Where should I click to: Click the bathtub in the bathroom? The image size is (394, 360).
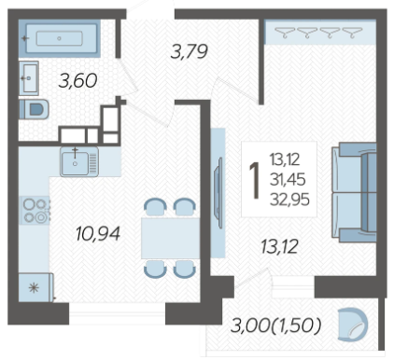click(59, 38)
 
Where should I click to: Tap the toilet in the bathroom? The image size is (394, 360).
click(35, 109)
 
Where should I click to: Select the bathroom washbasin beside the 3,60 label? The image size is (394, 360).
click(29, 78)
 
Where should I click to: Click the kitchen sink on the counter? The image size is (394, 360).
click(79, 161)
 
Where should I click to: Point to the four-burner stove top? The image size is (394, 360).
click(35, 211)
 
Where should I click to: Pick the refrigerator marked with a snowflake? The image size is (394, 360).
click(36, 287)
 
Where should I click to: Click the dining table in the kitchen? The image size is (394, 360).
click(170, 238)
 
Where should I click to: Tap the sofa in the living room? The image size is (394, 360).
click(354, 192)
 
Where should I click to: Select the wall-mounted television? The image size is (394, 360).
click(219, 193)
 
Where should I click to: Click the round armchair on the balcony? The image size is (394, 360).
click(353, 325)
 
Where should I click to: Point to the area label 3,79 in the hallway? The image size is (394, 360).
click(190, 51)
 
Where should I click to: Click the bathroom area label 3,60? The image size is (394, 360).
click(77, 80)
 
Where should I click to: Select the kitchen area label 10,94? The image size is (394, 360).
click(98, 233)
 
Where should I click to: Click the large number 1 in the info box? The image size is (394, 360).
click(255, 180)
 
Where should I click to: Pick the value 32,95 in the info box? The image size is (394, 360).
click(289, 200)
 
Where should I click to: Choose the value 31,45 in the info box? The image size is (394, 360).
click(288, 180)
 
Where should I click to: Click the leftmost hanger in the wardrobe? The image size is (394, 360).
click(285, 33)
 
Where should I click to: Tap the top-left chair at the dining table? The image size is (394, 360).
click(155, 207)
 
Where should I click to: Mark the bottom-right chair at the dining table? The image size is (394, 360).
click(185, 270)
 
